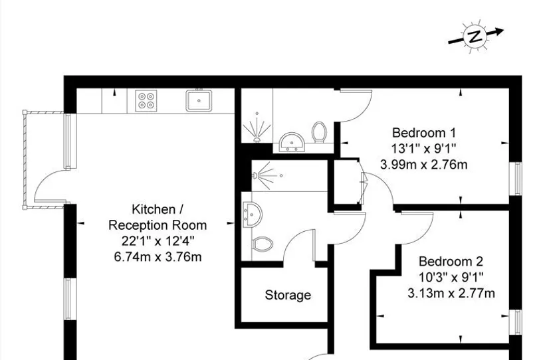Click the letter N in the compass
475,37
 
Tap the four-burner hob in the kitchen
146,100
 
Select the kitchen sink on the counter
199,100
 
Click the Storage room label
288,295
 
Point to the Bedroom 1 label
424,132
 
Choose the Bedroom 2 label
451,261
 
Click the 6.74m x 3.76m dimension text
158,257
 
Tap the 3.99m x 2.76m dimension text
423,165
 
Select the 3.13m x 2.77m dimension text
451,293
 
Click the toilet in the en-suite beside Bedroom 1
319,132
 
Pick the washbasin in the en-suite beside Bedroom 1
292,141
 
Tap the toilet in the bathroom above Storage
263,244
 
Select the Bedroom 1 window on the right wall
516,178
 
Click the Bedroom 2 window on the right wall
516,322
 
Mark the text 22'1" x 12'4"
158,240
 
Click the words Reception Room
158,225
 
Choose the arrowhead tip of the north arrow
504,30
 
